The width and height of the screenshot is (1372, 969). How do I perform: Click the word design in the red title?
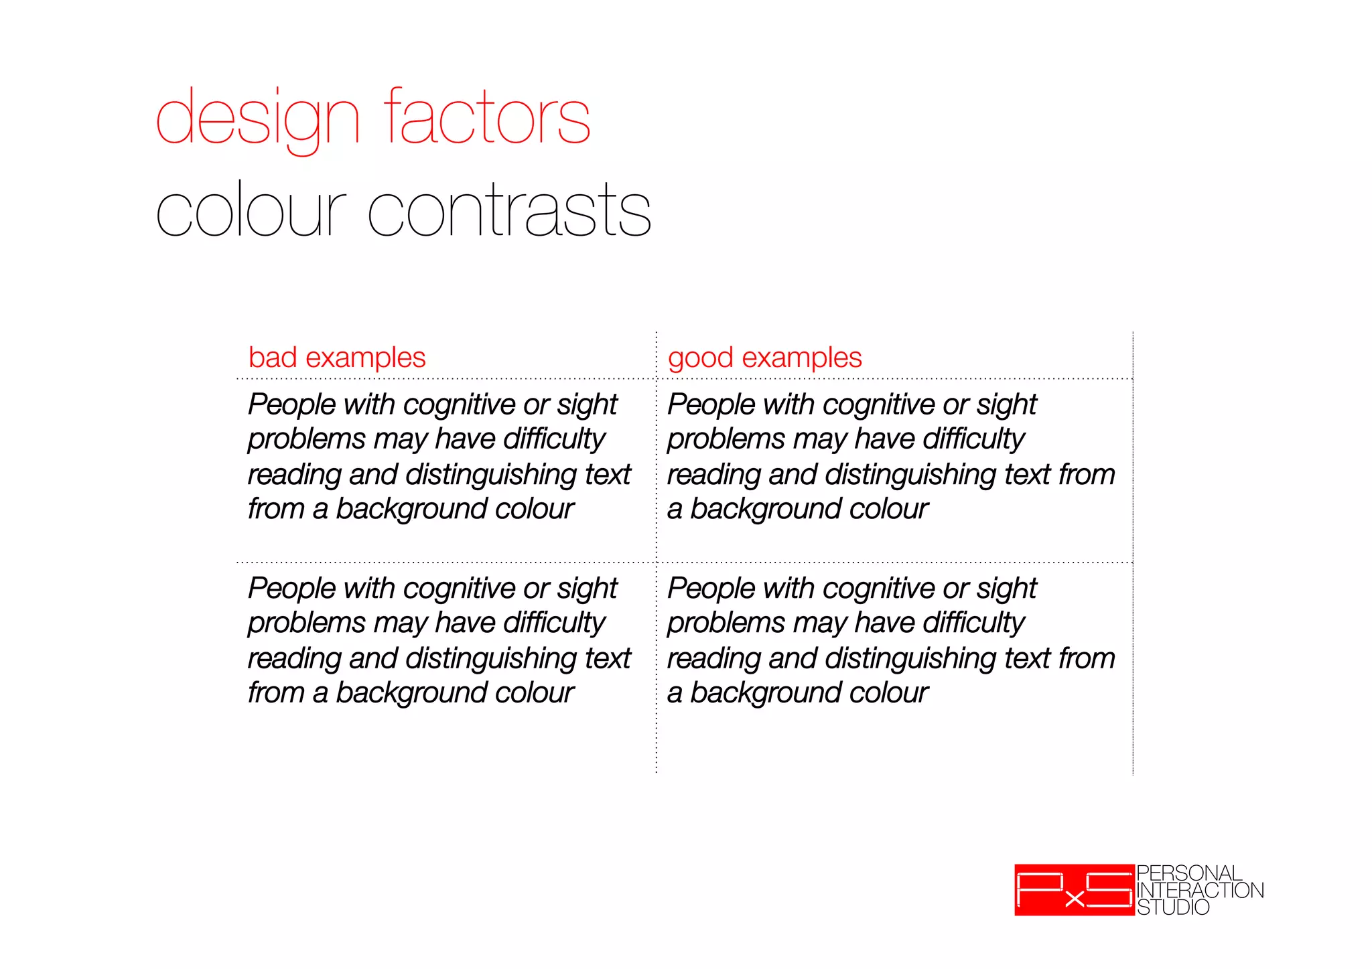[258, 119]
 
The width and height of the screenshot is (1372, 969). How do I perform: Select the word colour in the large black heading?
[251, 211]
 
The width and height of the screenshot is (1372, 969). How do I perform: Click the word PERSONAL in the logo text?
[1189, 873]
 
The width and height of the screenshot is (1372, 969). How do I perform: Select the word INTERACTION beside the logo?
[1200, 890]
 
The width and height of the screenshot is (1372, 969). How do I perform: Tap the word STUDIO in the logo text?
[1173, 907]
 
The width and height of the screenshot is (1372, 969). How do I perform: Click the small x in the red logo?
[1074, 899]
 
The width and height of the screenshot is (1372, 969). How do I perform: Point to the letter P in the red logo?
[1039, 889]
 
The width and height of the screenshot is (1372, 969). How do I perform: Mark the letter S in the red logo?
[1109, 889]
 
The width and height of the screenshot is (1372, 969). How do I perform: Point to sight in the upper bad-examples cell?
[587, 404]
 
